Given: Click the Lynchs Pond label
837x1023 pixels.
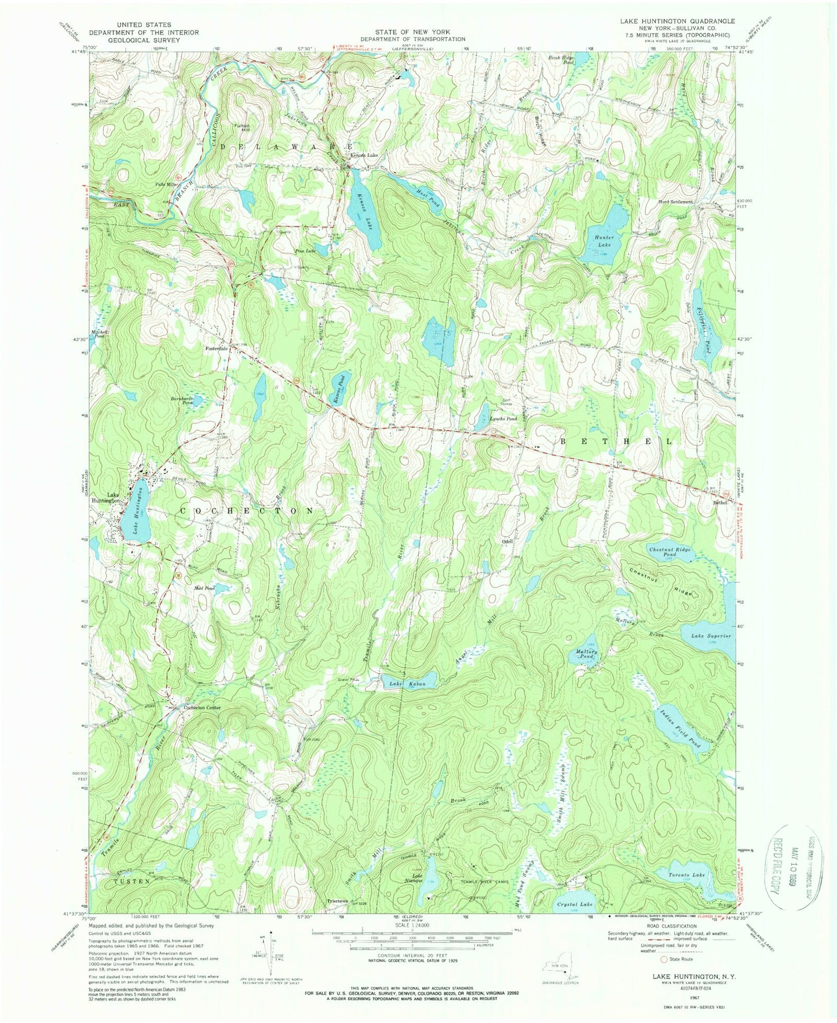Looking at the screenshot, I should pyautogui.click(x=503, y=418).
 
